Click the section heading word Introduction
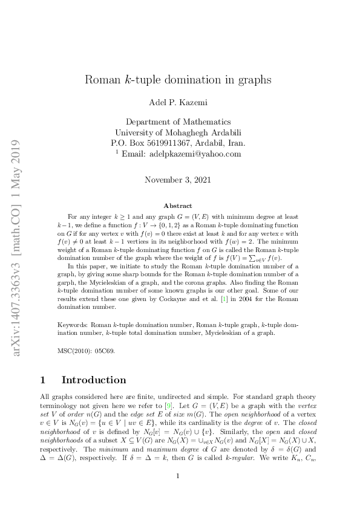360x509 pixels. point(94,380)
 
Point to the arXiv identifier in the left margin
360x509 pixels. point(17,248)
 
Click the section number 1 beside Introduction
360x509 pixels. point(42,380)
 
